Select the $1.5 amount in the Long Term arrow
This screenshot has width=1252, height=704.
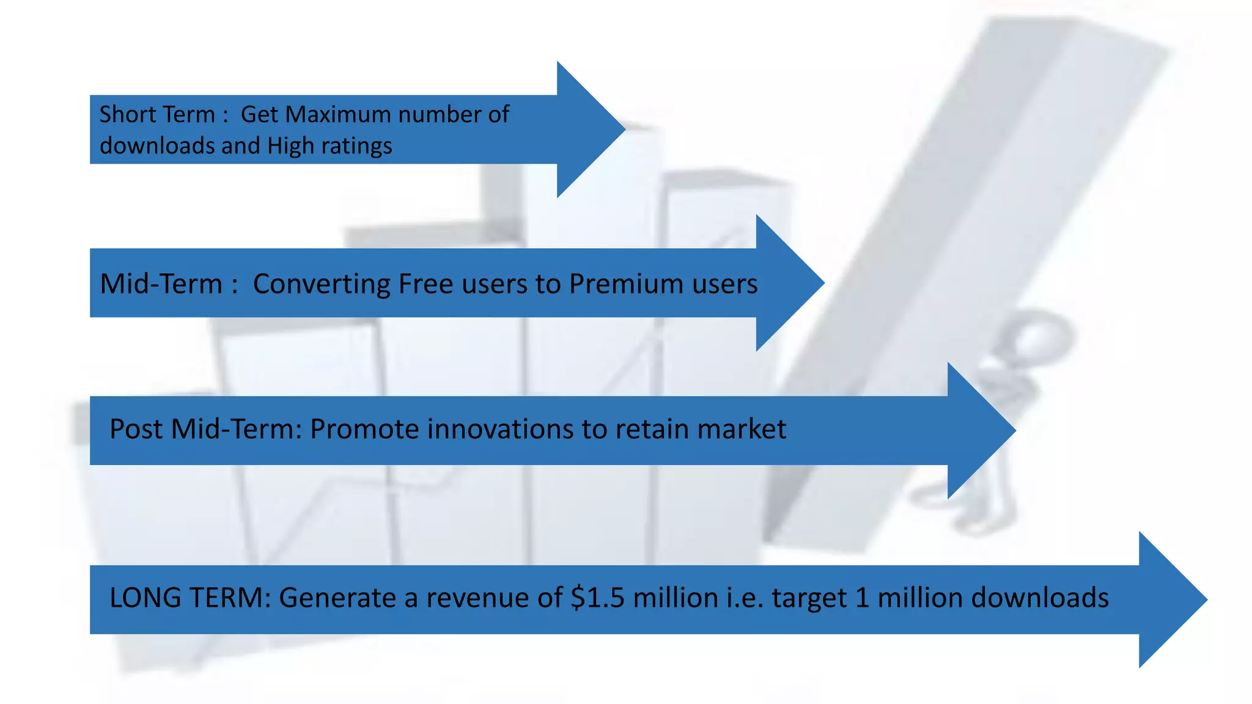[x=597, y=598]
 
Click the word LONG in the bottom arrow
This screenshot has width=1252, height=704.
[x=144, y=598]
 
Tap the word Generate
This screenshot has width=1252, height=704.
[x=337, y=598]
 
